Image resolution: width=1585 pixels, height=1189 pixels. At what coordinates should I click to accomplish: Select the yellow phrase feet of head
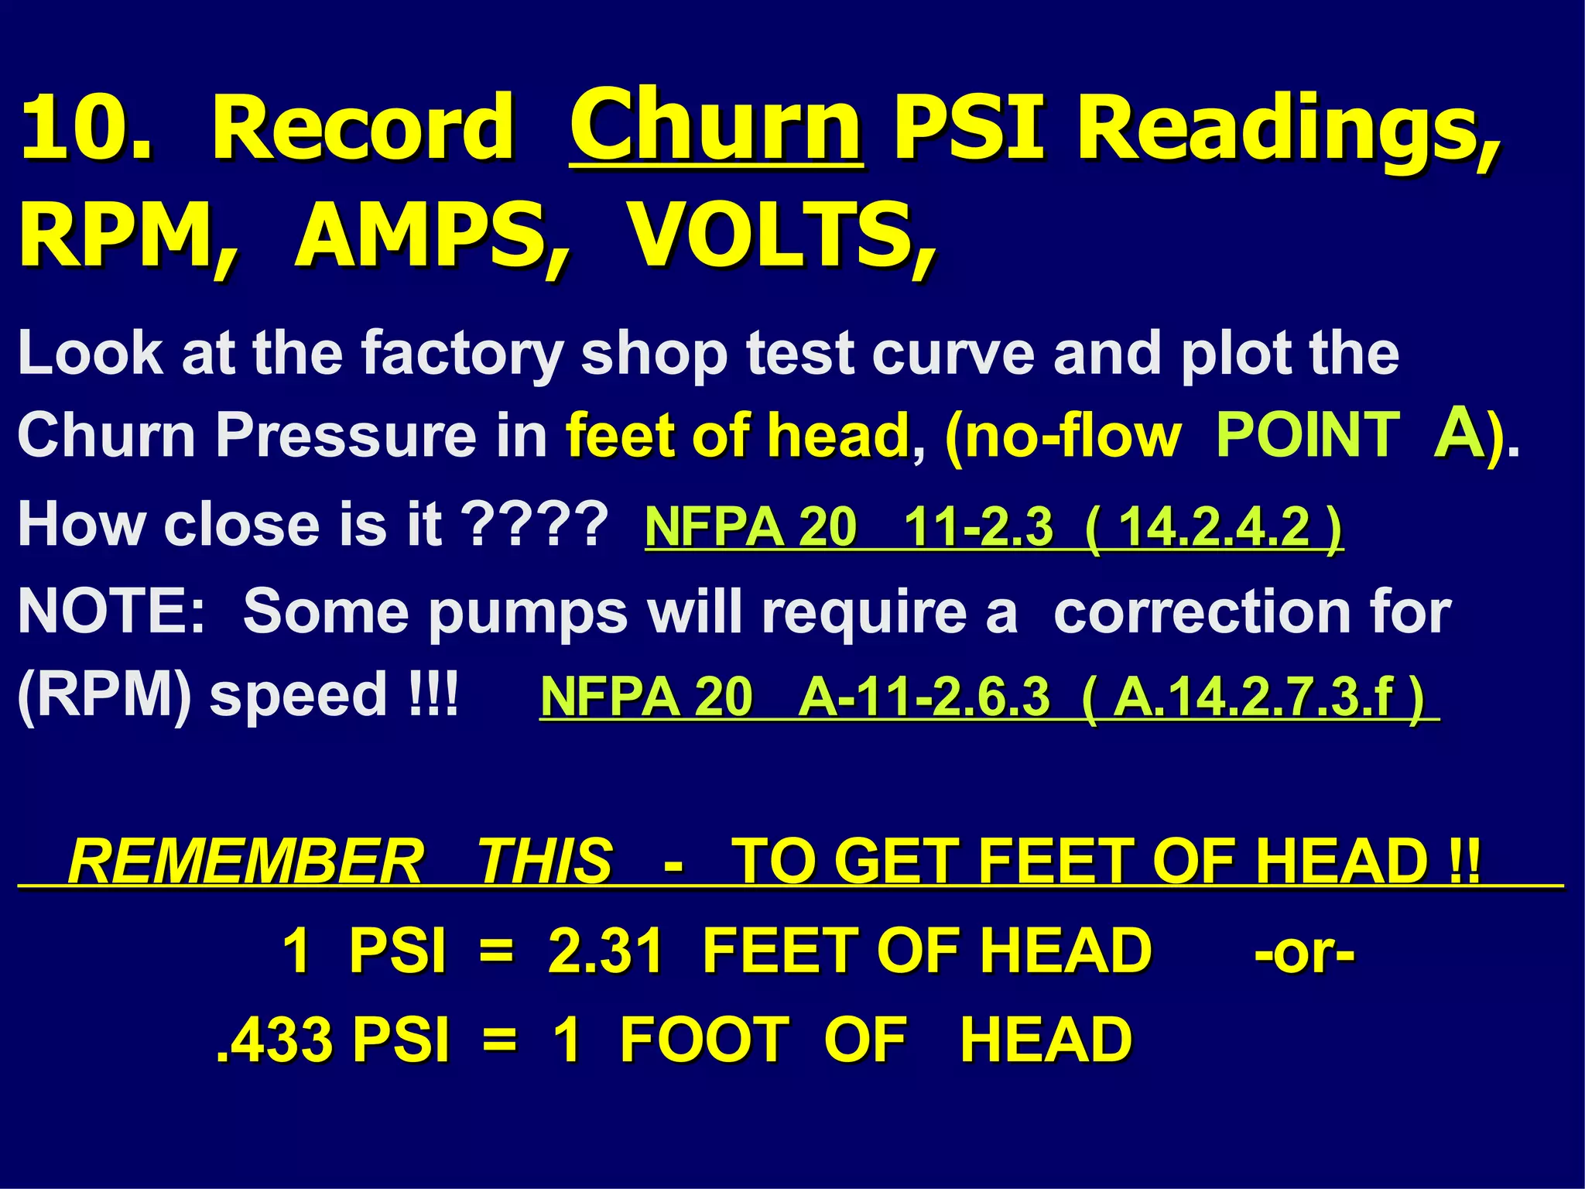pyautogui.click(x=737, y=436)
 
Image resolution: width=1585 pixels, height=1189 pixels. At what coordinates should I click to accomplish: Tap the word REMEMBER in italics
pyautogui.click(x=246, y=861)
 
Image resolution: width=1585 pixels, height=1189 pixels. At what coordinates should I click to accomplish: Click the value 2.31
pyautogui.click(x=605, y=951)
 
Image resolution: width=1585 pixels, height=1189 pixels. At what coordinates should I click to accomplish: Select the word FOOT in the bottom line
pyautogui.click(x=704, y=1040)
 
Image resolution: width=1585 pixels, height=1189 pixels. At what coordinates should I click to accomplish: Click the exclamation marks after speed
pyautogui.click(x=433, y=694)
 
